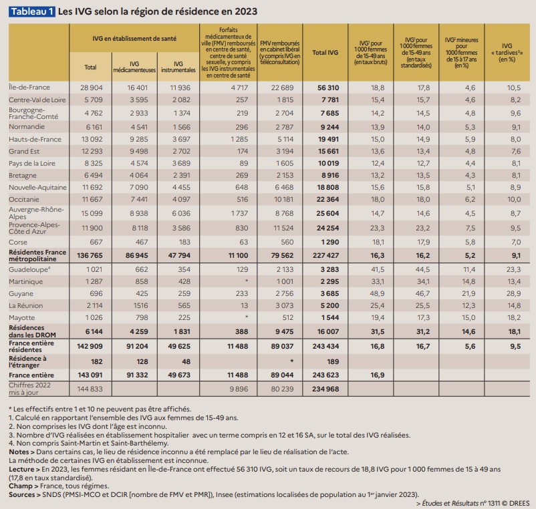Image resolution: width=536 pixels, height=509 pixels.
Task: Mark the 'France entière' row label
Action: [x=30, y=375]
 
